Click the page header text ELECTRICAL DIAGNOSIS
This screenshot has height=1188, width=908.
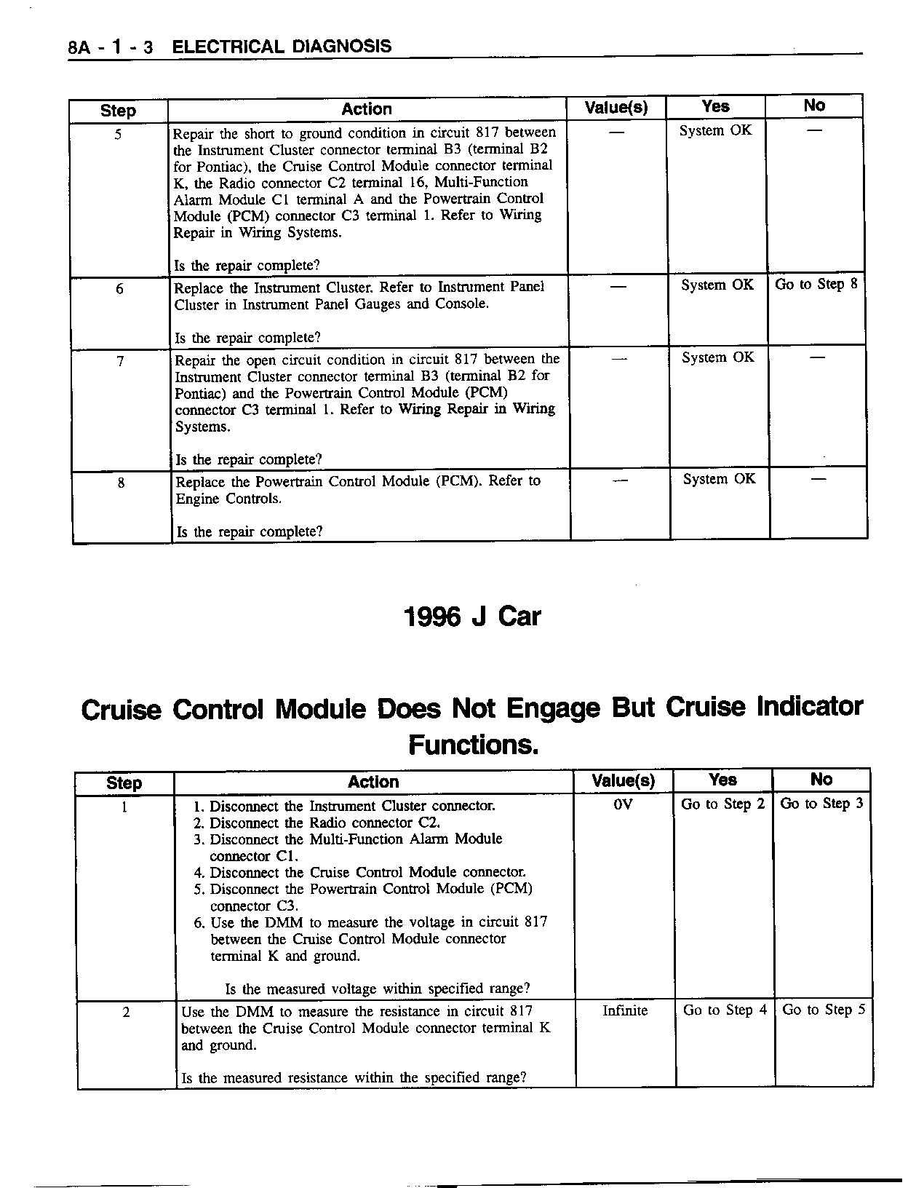(282, 47)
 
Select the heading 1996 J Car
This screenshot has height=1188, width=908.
(472, 617)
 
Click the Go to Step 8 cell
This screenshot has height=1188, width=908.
(816, 285)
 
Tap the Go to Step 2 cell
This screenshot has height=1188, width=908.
(722, 804)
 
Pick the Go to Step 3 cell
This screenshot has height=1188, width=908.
(821, 804)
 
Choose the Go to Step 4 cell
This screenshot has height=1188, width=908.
(725, 1010)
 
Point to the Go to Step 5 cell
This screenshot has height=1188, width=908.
(824, 1010)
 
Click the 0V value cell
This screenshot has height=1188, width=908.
(624, 804)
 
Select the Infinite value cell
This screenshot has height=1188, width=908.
(625, 1010)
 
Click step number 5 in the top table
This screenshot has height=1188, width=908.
(118, 134)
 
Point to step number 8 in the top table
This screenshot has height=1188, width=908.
(121, 483)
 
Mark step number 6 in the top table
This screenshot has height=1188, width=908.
(119, 289)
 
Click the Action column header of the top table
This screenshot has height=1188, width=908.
(367, 109)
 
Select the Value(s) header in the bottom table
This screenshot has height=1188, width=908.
(624, 781)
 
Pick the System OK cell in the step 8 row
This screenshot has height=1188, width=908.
(719, 479)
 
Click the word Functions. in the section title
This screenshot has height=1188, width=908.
(473, 745)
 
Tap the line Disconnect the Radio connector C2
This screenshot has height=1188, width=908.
(324, 823)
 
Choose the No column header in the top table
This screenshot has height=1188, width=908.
(814, 106)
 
